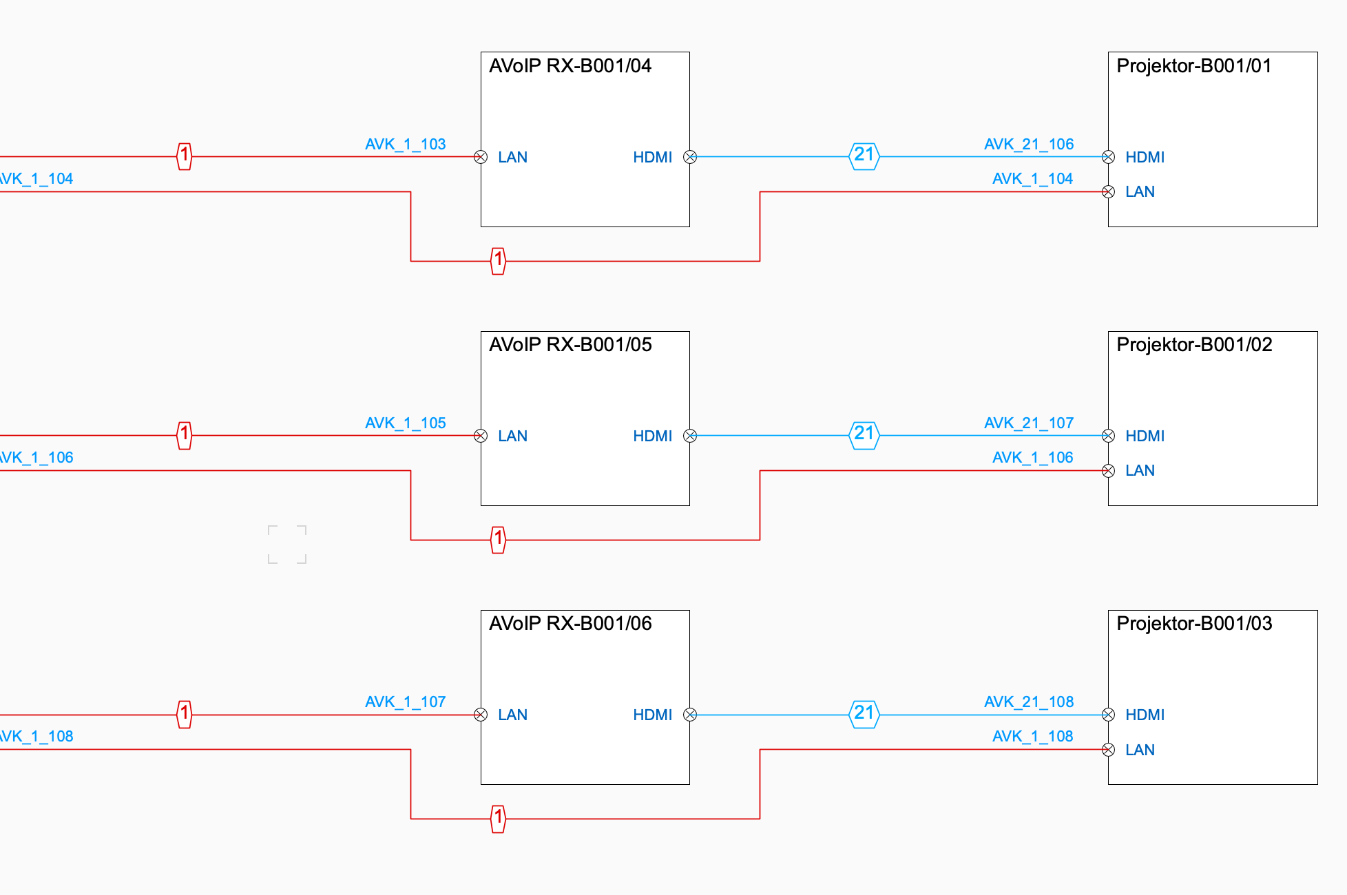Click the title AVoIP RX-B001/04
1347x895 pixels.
(x=570, y=66)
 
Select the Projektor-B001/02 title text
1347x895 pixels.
(x=1194, y=345)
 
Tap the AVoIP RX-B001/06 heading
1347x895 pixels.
(x=570, y=624)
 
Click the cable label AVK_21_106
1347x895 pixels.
(x=1029, y=145)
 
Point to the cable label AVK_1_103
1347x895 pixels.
(x=405, y=145)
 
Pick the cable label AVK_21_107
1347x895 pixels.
(x=1029, y=423)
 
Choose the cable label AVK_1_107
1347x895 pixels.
(x=405, y=702)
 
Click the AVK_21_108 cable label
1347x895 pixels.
(x=1029, y=702)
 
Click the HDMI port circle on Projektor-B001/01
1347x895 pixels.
(x=1108, y=157)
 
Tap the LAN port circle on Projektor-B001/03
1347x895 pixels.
(x=1108, y=750)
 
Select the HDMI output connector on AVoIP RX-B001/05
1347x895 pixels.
(x=690, y=436)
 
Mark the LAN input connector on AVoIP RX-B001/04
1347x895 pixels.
(x=481, y=157)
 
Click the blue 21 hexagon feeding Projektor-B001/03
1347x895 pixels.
(x=864, y=714)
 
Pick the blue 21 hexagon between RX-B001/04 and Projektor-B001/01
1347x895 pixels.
(x=864, y=156)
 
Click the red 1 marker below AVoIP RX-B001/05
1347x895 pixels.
(x=498, y=540)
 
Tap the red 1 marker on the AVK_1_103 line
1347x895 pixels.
(x=184, y=156)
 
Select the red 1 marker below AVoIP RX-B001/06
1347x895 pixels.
(x=498, y=819)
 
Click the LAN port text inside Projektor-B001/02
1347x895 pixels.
(x=1140, y=471)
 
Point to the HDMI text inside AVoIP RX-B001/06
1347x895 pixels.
(x=652, y=715)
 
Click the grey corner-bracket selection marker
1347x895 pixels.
(x=287, y=545)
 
